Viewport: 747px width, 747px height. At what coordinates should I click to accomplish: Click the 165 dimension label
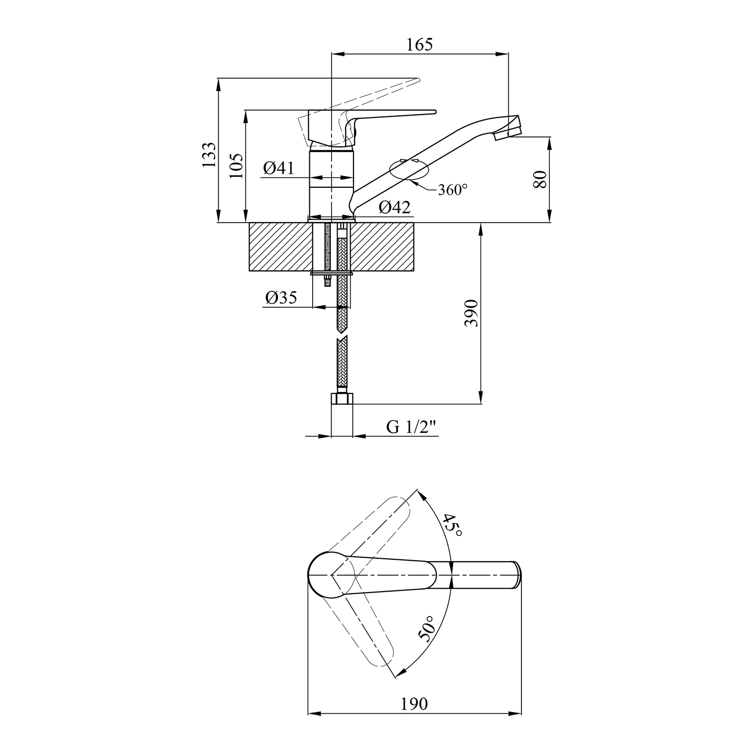click(420, 44)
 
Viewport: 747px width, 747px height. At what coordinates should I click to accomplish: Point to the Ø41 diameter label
click(278, 168)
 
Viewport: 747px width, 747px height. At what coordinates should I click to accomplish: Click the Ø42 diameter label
click(395, 207)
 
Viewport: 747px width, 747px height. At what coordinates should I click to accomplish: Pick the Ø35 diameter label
click(281, 297)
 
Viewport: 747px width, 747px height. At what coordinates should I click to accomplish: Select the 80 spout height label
click(540, 179)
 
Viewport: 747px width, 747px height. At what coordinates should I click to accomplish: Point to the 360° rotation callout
click(452, 190)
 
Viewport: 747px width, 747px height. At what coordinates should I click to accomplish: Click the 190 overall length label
click(414, 704)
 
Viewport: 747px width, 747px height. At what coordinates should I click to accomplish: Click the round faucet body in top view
click(332, 575)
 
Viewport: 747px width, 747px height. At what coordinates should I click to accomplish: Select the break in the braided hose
click(342, 335)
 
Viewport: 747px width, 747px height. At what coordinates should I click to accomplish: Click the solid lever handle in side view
click(371, 127)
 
